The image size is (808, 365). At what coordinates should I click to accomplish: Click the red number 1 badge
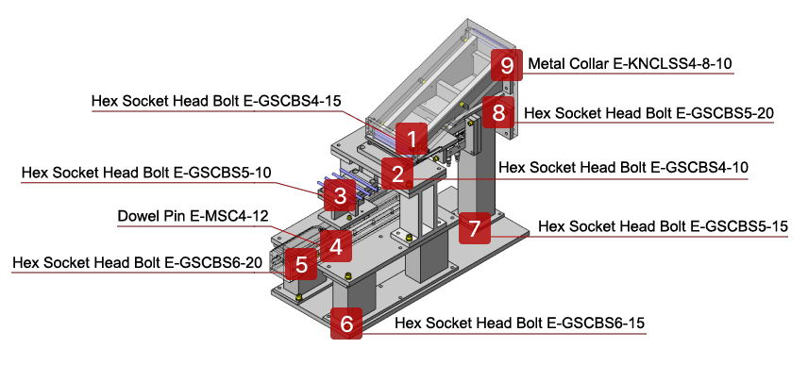click(412, 139)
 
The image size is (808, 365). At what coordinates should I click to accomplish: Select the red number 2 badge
click(398, 174)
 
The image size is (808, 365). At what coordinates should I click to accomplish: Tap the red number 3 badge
click(339, 198)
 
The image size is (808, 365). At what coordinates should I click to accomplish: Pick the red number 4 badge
click(335, 247)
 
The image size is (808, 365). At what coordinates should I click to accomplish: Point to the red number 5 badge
click(301, 263)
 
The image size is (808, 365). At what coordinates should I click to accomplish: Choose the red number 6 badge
click(346, 324)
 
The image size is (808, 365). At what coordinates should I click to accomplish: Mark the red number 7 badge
click(475, 227)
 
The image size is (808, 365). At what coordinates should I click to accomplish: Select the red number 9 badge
click(507, 65)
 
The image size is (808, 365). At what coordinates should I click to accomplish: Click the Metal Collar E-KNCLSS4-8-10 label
click(631, 64)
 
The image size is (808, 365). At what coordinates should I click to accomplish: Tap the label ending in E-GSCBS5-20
click(649, 113)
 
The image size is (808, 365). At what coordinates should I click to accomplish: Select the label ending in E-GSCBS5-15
click(662, 226)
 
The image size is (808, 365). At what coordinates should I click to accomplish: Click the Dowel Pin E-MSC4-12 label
click(191, 216)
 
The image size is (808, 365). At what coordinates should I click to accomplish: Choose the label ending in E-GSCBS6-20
click(137, 262)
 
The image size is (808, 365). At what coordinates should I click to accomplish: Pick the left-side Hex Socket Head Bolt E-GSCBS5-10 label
click(146, 173)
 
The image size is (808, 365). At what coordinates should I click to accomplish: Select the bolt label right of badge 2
click(623, 168)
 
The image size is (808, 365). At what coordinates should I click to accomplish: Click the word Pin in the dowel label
click(176, 216)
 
